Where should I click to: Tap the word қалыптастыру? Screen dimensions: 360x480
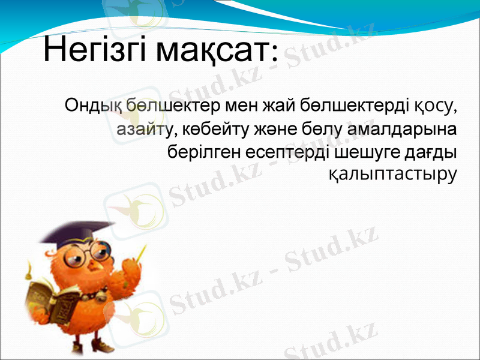coord(393,173)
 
